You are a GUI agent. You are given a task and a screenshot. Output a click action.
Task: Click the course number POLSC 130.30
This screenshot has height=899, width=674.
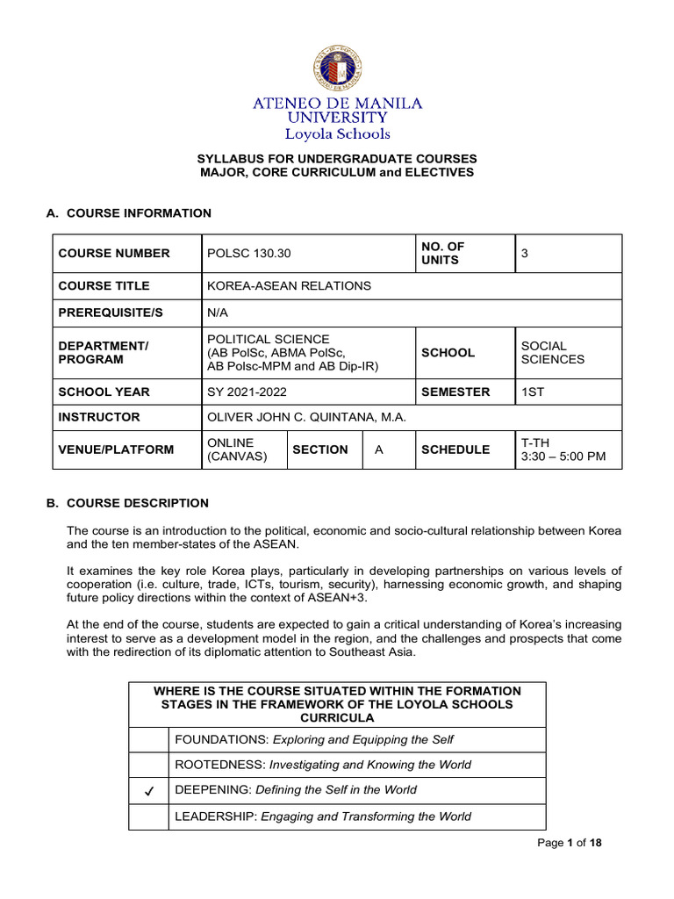[249, 254]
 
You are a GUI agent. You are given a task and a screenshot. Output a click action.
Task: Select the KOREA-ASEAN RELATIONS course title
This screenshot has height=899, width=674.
[289, 286]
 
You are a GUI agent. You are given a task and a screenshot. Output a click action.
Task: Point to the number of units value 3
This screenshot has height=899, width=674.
[525, 254]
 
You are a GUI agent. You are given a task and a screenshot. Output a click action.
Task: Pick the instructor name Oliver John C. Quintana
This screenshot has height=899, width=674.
[306, 418]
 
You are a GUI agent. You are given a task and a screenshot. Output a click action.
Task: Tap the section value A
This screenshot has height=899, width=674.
[379, 449]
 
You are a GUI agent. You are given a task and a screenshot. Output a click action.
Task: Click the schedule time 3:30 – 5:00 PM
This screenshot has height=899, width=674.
[563, 457]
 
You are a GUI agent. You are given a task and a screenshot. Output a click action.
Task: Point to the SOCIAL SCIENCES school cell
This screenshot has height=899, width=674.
[553, 352]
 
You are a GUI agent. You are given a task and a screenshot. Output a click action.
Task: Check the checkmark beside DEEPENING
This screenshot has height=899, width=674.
[148, 790]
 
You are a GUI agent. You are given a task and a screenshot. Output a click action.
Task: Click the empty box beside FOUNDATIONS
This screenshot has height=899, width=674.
[148, 740]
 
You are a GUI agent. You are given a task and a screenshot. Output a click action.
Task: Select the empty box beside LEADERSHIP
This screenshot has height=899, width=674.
[148, 816]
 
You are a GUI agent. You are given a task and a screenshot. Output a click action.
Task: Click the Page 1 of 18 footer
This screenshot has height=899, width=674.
[571, 844]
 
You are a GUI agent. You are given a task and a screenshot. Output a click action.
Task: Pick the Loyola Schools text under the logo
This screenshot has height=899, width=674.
[337, 134]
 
